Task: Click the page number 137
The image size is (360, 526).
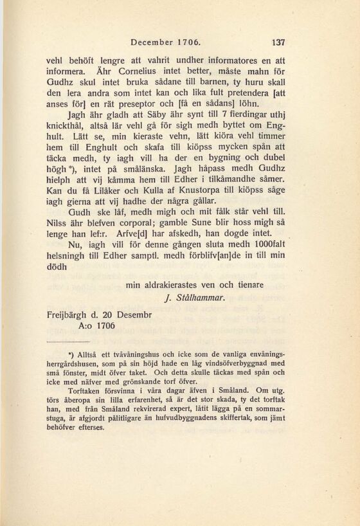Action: (278, 43)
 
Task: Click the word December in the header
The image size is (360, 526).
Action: (152, 43)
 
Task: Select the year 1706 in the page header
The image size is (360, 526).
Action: (188, 43)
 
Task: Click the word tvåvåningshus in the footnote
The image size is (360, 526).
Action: (133, 354)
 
